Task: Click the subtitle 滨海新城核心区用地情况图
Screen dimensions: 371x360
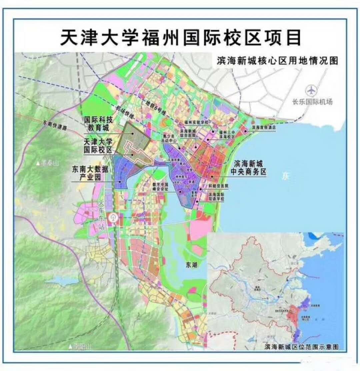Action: [x=277, y=61]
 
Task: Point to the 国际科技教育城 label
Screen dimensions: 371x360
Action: [x=99, y=123]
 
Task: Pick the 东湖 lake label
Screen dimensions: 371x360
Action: [x=192, y=265]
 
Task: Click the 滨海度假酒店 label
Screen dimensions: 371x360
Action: [x=264, y=127]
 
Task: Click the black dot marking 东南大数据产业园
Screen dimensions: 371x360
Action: [x=120, y=181]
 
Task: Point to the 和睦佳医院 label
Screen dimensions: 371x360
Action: [x=218, y=185]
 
